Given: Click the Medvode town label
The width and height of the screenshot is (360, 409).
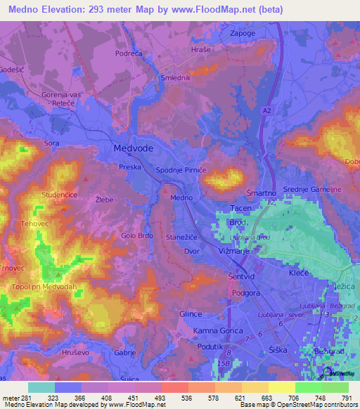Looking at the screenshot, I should tap(134, 149).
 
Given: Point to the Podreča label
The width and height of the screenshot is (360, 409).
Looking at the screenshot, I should tap(129, 53).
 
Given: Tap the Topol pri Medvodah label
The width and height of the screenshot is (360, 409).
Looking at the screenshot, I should tap(44, 287).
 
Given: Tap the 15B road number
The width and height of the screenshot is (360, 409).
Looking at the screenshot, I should tap(224, 363).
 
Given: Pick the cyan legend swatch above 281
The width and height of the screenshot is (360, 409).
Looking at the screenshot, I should tap(41, 387).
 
